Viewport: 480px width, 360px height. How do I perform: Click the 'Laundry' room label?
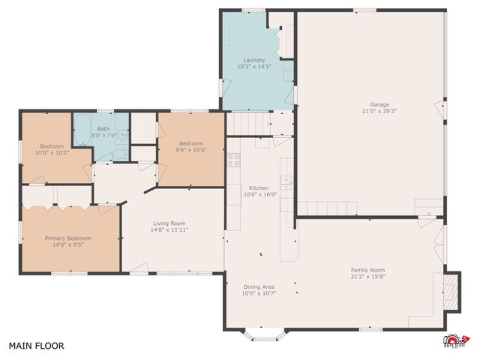coord(253,60)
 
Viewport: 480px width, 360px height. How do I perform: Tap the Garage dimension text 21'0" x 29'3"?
coord(379,112)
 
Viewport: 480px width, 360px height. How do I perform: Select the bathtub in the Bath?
coord(82,130)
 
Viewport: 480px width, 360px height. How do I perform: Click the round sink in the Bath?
coord(121,135)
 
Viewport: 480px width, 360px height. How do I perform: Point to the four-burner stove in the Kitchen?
coord(233,160)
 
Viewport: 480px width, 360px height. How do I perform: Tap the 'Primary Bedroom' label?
coord(68,238)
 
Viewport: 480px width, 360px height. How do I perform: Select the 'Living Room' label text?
coord(169,223)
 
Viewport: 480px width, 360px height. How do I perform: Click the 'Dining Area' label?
coord(259,286)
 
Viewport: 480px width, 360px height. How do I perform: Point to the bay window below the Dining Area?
coord(264,336)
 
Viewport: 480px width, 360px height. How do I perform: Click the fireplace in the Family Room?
coord(449,291)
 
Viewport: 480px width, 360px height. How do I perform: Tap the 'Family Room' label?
coord(367,270)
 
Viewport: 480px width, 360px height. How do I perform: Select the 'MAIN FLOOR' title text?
coord(36,346)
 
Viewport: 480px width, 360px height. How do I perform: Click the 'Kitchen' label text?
coord(259,187)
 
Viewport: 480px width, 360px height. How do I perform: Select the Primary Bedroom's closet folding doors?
coord(56,196)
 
